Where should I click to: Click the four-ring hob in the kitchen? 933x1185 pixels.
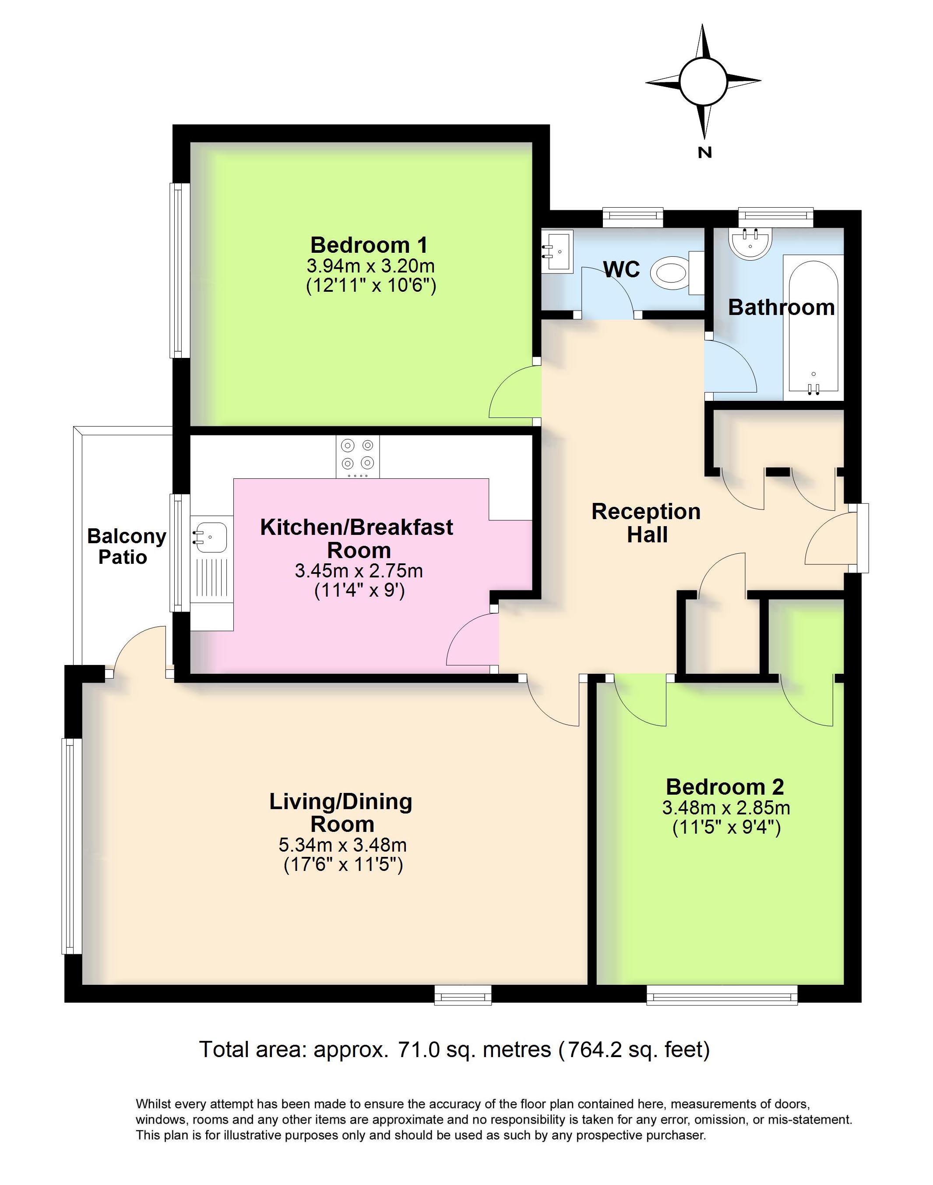coord(358,455)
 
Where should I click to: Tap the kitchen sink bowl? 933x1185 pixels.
coord(210,537)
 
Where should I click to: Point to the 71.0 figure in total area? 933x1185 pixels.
coord(419,1050)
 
